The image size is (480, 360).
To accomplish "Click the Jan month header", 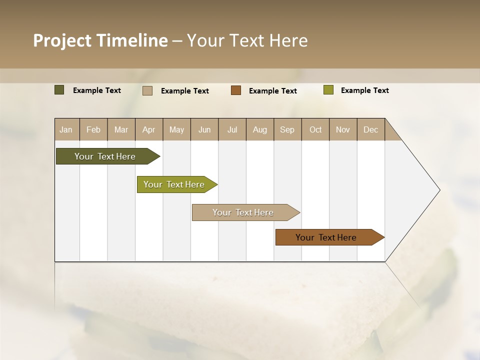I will [x=66, y=129].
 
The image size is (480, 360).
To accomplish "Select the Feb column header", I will [x=93, y=129].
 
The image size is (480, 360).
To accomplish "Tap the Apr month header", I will [x=148, y=129].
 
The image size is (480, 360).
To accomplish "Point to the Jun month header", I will [x=204, y=129].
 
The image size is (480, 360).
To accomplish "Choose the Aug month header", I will [x=259, y=129].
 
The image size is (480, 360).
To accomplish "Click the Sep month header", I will [x=287, y=129].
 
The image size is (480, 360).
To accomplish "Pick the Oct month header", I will [x=315, y=129].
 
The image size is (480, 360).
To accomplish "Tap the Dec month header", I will [x=370, y=129].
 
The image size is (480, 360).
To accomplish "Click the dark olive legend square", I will [x=59, y=90].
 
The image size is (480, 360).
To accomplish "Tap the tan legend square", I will [x=147, y=90].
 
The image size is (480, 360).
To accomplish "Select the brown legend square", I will [x=236, y=90].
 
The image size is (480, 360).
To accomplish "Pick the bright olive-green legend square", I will [x=328, y=90].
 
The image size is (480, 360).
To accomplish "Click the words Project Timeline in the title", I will [x=100, y=40].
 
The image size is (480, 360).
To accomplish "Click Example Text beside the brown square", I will [x=273, y=91].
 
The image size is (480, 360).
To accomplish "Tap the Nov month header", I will [x=343, y=129].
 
